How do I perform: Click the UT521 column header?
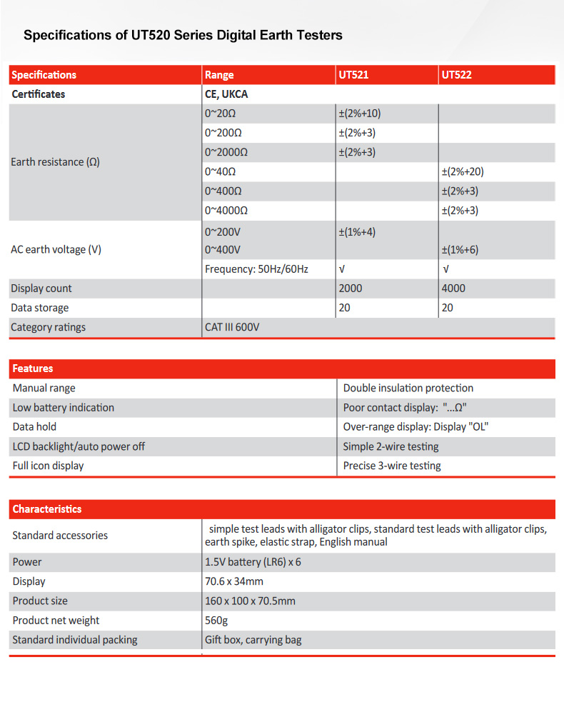[353, 75]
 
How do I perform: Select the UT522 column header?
[456, 75]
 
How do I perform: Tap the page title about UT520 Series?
[183, 35]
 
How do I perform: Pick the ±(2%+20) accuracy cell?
[468, 171]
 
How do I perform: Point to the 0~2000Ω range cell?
[226, 152]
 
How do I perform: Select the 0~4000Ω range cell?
[226, 211]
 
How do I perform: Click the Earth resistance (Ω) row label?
[56, 162]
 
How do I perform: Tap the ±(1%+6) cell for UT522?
[460, 249]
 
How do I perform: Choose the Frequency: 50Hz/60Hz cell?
[256, 269]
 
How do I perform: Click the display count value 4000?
[453, 289]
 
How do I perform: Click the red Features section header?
[33, 368]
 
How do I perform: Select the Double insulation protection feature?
[408, 388]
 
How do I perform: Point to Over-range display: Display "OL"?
[416, 427]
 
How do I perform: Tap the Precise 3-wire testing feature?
[392, 466]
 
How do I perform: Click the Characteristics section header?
[47, 509]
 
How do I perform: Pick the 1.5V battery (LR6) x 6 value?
[253, 562]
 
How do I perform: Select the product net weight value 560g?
[216, 621]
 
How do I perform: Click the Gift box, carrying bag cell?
[253, 640]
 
